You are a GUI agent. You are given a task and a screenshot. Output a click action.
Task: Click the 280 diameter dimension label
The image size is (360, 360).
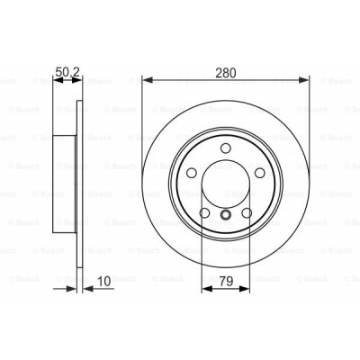225,65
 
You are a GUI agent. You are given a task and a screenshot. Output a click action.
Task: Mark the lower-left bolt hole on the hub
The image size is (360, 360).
204,212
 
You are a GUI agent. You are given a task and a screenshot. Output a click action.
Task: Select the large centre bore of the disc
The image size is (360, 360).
225,184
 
